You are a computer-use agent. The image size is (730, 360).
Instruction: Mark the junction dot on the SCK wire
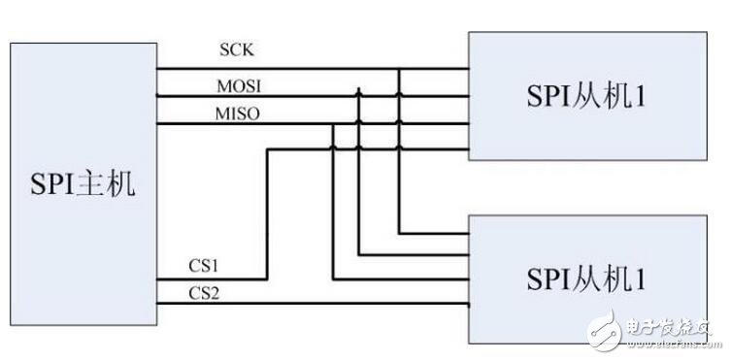(x=400, y=70)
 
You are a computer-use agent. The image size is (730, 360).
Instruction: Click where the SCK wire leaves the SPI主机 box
(x=159, y=70)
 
